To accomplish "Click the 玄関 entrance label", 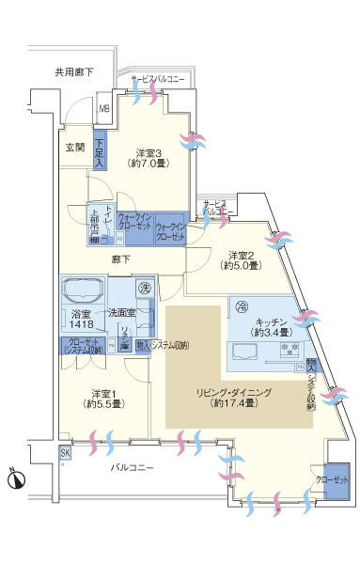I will pyautogui.click(x=74, y=148).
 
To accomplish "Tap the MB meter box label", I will pyautogui.click(x=104, y=108).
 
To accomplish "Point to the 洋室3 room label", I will pyautogui.click(x=149, y=159).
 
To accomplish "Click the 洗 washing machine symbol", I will pyautogui.click(x=145, y=288).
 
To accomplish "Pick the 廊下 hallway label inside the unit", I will pyautogui.click(x=120, y=259).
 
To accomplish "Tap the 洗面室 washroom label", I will pyautogui.click(x=120, y=312).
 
